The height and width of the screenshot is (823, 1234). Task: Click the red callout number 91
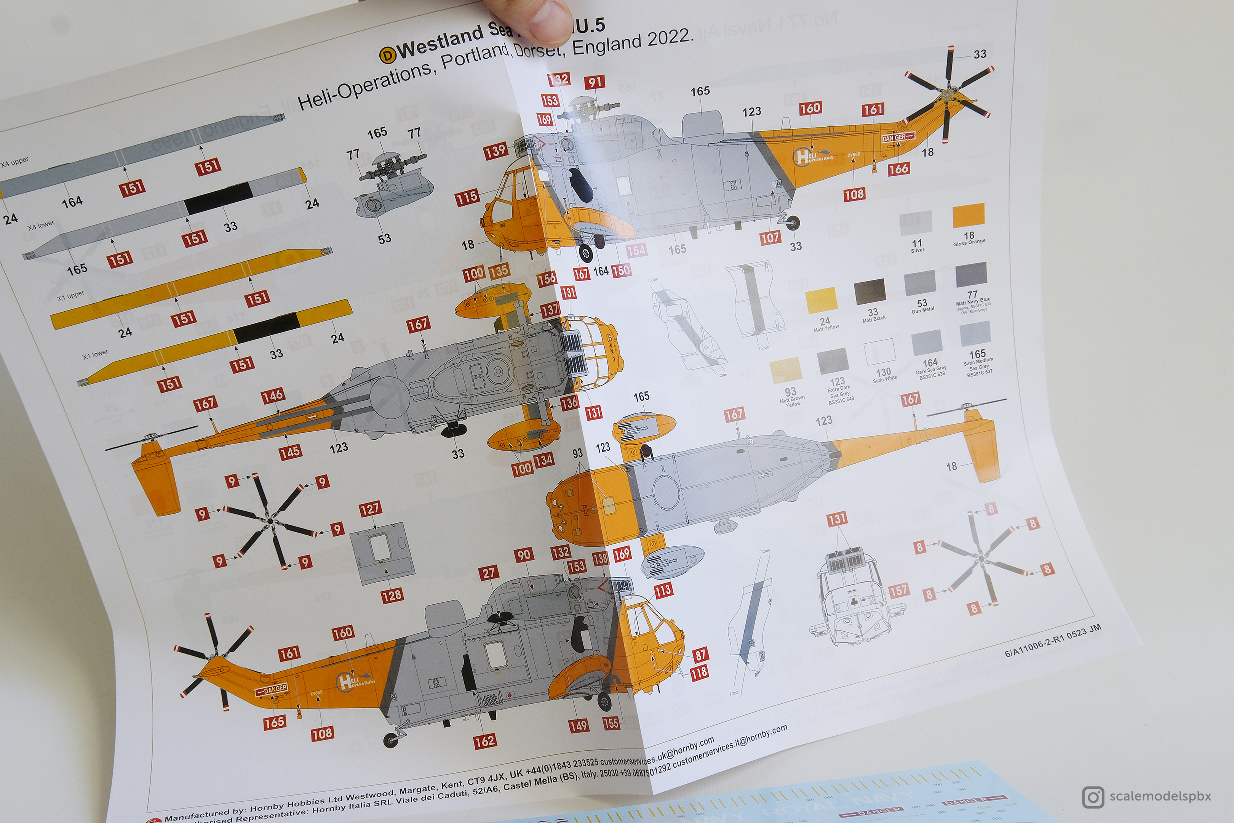point(595,82)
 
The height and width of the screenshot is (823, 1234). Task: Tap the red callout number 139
point(495,152)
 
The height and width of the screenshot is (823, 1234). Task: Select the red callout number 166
point(898,169)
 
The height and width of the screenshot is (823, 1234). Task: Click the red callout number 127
point(370,509)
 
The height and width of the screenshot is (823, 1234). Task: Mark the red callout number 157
point(898,591)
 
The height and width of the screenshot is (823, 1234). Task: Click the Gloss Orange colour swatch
point(969,215)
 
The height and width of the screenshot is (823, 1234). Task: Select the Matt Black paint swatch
point(870,292)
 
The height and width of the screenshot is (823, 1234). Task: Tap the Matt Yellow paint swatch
point(820,300)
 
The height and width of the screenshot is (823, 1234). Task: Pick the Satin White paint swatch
point(879,352)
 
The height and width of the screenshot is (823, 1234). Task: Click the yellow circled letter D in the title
point(387,54)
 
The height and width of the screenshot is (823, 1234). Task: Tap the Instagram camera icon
point(1093,797)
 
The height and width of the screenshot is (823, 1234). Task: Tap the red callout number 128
point(392,596)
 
